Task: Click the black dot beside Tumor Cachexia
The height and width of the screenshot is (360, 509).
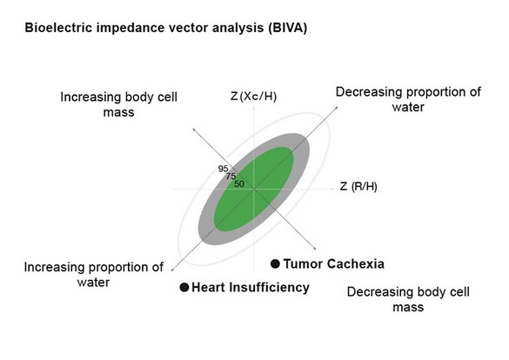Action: [276, 263]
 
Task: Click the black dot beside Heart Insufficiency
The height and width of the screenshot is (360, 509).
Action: [184, 288]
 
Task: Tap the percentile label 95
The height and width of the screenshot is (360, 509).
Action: [224, 168]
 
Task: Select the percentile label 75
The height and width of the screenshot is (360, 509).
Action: [231, 176]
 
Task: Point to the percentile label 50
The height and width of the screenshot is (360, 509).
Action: [238, 183]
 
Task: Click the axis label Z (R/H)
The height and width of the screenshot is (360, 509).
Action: [358, 186]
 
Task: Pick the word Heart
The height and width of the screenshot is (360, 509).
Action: [210, 288]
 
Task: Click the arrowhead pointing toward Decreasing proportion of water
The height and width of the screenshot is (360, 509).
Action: [335, 104]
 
